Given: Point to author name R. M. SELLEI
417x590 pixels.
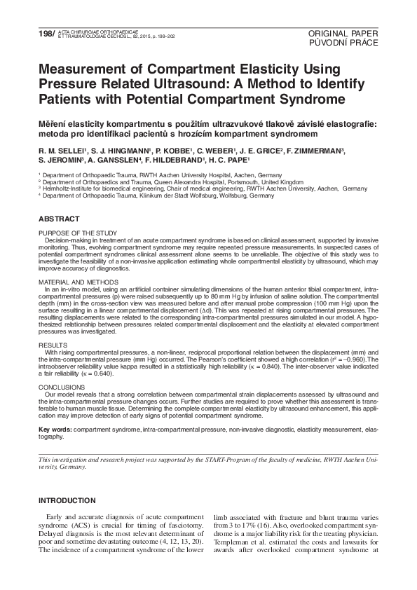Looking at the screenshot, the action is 60,150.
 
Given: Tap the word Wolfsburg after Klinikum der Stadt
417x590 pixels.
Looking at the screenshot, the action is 196,195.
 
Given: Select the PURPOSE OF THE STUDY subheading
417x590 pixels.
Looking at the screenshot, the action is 77,233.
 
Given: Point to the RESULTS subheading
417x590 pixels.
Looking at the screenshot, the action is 53,345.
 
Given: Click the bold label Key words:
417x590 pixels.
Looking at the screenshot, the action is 55,428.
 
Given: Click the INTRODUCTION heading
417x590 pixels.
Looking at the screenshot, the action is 67,501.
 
